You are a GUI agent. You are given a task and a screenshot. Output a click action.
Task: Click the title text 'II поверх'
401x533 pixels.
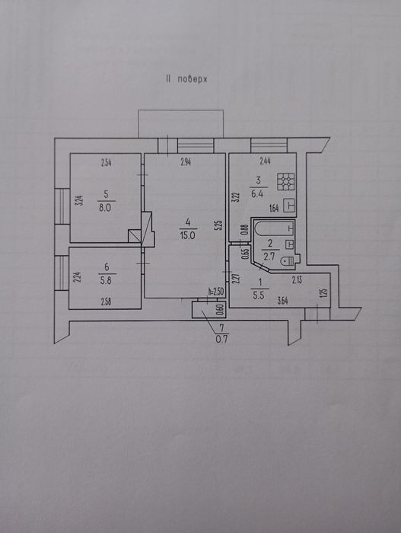pyautogui.click(x=186, y=79)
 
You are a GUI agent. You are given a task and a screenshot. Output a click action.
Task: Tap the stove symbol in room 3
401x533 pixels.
pyautogui.click(x=286, y=181)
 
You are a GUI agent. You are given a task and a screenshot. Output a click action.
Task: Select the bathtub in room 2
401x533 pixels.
pyautogui.click(x=274, y=228)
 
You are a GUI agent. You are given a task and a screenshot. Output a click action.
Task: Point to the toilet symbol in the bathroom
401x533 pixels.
pyautogui.click(x=288, y=260)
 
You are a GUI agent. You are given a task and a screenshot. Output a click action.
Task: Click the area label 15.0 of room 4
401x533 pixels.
pyautogui.click(x=187, y=235)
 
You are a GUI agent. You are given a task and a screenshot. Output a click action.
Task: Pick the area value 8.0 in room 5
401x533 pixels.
pyautogui.click(x=105, y=207)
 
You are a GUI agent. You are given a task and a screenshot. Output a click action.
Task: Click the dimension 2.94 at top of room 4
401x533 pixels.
pyautogui.click(x=186, y=162)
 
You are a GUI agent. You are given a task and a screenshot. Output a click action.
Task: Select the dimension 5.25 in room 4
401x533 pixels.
pyautogui.click(x=219, y=226)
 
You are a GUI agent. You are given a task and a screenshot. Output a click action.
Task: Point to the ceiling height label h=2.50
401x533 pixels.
pyautogui.click(x=217, y=292)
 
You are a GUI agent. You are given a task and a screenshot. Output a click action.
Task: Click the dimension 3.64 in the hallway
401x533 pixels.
pyautogui.click(x=283, y=301)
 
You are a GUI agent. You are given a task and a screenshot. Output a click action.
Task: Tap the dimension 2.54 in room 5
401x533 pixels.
pyautogui.click(x=107, y=162)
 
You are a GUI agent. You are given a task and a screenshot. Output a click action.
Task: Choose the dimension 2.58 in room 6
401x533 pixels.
pyautogui.click(x=106, y=302)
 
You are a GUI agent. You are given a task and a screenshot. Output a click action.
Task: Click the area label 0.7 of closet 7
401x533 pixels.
pyautogui.click(x=222, y=339)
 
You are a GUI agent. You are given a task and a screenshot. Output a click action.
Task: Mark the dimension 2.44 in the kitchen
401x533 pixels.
pyautogui.click(x=265, y=161)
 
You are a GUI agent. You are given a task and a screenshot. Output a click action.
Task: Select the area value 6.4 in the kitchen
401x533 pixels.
pyautogui.click(x=258, y=194)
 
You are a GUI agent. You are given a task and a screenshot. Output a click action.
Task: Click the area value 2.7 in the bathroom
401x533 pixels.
pyautogui.click(x=269, y=256)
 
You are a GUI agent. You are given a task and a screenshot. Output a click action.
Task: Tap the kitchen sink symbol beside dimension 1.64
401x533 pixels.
pyautogui.click(x=289, y=206)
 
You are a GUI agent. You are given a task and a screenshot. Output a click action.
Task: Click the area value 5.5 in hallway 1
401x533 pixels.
pyautogui.click(x=259, y=295)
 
